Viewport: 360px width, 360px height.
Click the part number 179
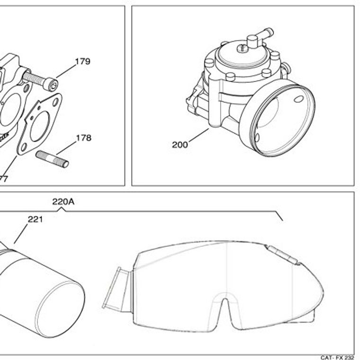click(82, 62)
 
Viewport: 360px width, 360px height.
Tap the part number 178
click(83, 138)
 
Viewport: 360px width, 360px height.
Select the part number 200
click(180, 145)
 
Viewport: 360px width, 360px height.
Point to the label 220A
click(63, 201)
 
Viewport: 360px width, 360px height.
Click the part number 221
click(35, 219)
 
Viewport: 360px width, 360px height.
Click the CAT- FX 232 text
click(337, 357)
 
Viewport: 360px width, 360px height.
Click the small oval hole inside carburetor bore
click(299, 99)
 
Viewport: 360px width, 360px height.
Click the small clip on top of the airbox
click(283, 256)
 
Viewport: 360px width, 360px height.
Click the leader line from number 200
click(199, 135)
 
